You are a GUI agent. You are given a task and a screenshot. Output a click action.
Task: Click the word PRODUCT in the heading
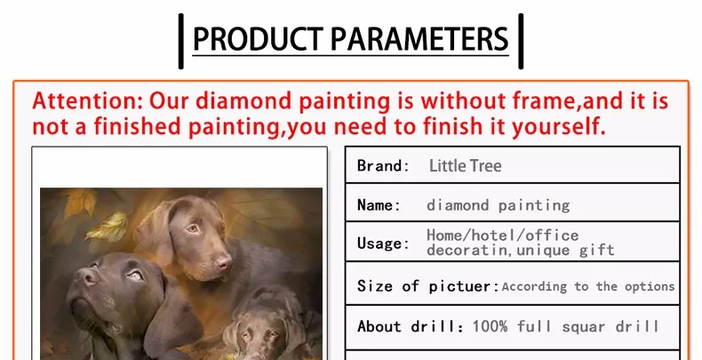click(x=258, y=39)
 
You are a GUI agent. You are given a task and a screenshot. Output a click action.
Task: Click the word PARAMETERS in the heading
click(x=419, y=39)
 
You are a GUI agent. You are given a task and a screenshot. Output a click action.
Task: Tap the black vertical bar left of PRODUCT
click(x=181, y=41)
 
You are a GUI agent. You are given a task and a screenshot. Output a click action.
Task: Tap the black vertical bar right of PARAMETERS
click(x=521, y=41)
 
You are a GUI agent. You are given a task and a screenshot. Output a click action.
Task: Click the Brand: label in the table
click(x=383, y=165)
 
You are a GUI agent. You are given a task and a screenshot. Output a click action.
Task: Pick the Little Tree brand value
click(x=465, y=165)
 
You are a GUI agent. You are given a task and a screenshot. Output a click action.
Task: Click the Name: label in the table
click(x=379, y=205)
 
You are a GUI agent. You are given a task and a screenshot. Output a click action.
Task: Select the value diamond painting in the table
click(x=498, y=205)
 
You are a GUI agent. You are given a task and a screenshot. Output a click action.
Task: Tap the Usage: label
click(x=383, y=244)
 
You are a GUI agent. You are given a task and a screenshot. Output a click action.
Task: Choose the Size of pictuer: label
click(x=428, y=286)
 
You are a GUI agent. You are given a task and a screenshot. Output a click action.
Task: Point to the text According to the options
click(x=588, y=286)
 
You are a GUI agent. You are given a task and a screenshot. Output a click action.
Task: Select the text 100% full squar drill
click(x=566, y=326)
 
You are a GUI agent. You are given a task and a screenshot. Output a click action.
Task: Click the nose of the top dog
click(x=223, y=262)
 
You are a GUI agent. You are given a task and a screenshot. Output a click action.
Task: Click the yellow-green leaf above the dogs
click(x=107, y=227)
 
